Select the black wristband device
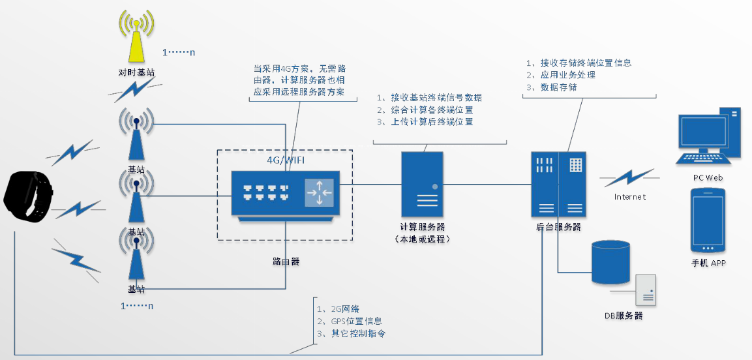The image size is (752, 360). coord(27,196)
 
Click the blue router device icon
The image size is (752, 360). coord(284,194)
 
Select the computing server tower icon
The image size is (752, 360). coord(422,185)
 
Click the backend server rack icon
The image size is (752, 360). coord(558,185)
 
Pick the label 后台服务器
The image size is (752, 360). coord(558,227)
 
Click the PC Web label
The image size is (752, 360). coord(708,177)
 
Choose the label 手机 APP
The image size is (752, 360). coord(708,263)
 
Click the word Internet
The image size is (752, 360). coord(629,196)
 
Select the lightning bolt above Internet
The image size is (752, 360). coord(629,177)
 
